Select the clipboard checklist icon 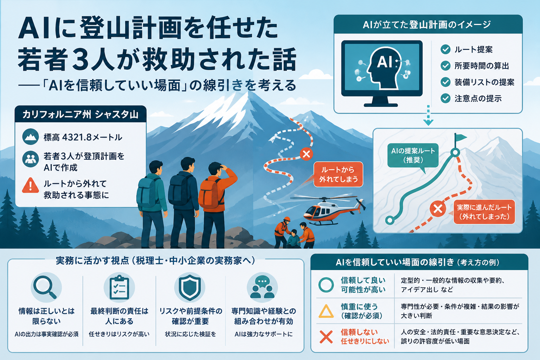[x=119, y=288]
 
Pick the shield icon [x=190, y=288]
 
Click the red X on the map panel [x=438, y=209]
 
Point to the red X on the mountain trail [x=306, y=154]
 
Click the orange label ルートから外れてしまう [x=338, y=174]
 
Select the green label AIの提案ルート [x=413, y=155]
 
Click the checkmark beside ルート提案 [x=445, y=50]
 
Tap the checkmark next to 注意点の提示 [x=445, y=98]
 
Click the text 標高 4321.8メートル [x=83, y=137]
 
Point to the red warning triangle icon [x=30, y=185]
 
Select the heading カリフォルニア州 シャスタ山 [x=80, y=114]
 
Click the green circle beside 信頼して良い [x=326, y=285]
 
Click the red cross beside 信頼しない [x=326, y=337]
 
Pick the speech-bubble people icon [x=262, y=288]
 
